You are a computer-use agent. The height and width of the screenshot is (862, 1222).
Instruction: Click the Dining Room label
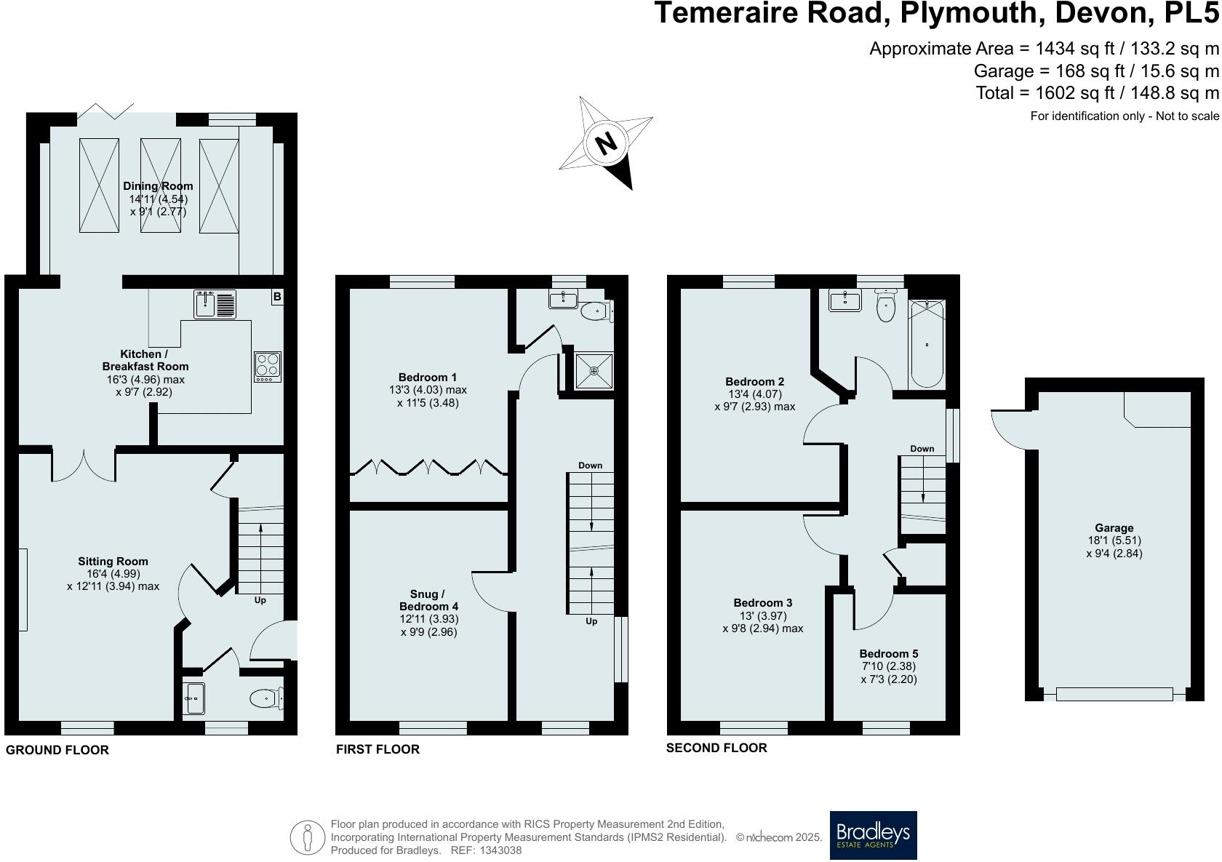(x=158, y=186)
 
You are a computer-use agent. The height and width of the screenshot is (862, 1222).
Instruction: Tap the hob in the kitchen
(x=267, y=367)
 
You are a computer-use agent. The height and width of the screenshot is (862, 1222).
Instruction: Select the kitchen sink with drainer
(x=215, y=303)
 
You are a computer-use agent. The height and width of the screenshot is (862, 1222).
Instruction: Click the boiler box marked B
(x=277, y=296)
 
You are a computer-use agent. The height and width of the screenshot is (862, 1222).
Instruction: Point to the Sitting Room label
(x=113, y=561)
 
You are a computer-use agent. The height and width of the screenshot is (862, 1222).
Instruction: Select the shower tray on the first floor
(x=594, y=371)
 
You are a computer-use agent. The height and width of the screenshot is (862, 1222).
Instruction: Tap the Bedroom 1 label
(x=428, y=377)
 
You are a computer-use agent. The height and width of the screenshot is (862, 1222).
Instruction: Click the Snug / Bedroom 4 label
(x=428, y=600)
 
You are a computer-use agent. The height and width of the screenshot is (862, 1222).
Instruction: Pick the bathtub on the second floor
(x=927, y=343)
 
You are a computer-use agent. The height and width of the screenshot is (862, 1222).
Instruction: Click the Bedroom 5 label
(x=888, y=653)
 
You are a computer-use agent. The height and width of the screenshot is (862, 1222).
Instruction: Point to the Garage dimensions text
(x=1114, y=547)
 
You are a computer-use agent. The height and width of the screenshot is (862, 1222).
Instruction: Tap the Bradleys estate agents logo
(x=873, y=835)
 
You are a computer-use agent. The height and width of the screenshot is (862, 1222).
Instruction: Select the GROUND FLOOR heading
(x=57, y=750)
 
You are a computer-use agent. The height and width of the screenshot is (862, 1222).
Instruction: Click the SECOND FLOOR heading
(x=716, y=747)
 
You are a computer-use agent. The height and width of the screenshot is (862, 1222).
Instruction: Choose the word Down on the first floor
(x=590, y=465)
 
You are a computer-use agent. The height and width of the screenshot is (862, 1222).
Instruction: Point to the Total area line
(x=1097, y=93)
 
